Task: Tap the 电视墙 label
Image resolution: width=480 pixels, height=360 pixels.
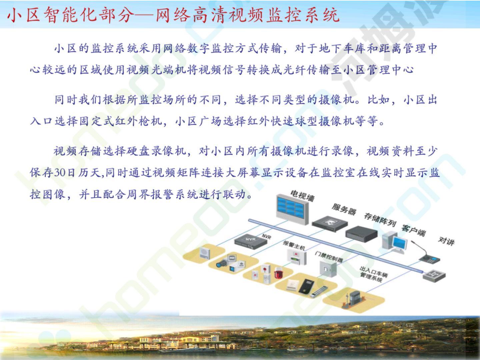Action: click(x=303, y=196)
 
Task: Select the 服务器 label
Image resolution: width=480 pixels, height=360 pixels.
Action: click(x=344, y=209)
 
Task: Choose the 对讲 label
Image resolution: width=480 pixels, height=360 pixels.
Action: click(x=446, y=241)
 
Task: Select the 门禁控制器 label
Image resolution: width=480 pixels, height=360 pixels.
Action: click(x=329, y=257)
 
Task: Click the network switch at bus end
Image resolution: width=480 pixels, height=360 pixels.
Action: click(x=434, y=276)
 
